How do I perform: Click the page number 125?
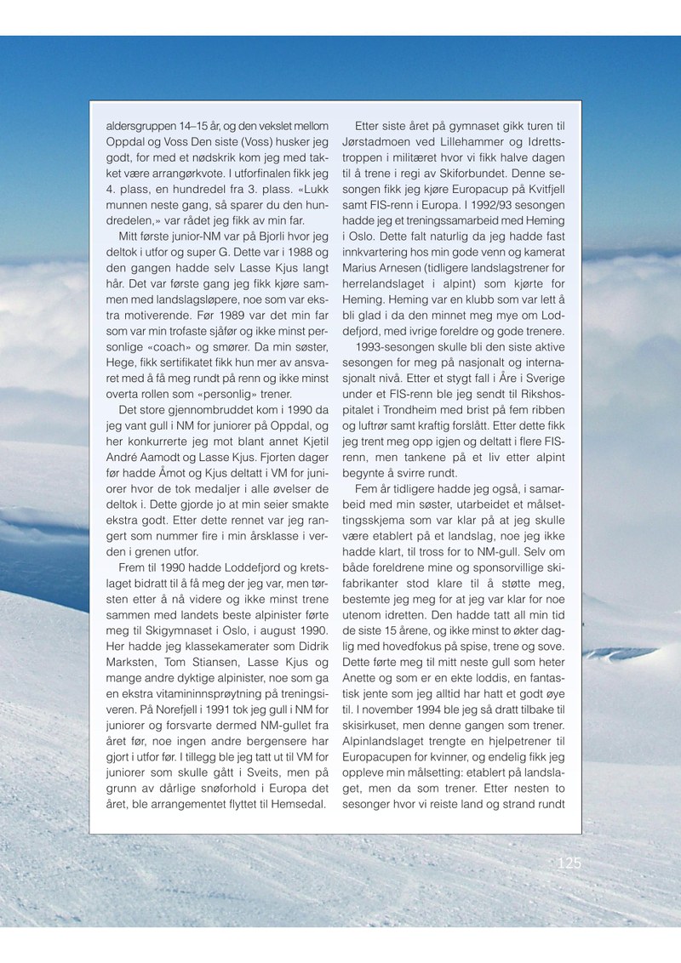(x=568, y=863)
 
